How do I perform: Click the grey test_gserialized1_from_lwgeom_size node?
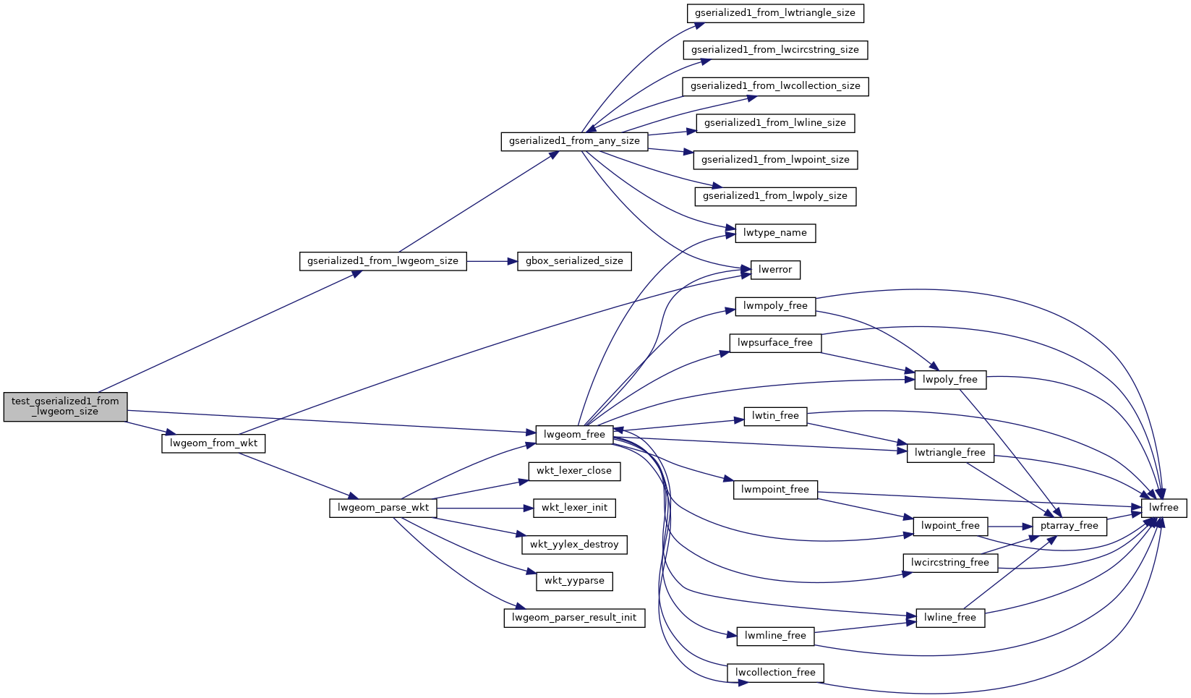coord(65,407)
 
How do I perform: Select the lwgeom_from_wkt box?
coord(213,443)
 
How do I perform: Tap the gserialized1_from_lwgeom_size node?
coord(383,261)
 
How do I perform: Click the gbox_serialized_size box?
coord(574,261)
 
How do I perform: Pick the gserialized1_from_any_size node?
coord(574,141)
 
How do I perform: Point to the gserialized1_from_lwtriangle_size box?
coord(774,13)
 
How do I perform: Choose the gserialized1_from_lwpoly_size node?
coord(774,196)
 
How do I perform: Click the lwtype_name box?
coord(774,233)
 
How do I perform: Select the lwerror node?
coord(774,270)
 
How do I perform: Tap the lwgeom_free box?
coord(574,435)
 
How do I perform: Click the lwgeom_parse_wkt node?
coord(383,508)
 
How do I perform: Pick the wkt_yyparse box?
coord(574,581)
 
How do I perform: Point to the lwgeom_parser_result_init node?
coord(574,618)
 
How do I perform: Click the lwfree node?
coord(1164,508)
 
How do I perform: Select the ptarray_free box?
coord(1069,526)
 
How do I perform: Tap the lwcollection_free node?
coord(774,673)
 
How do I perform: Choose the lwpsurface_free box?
coord(774,343)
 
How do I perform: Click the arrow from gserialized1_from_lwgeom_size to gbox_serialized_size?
coord(492,261)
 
